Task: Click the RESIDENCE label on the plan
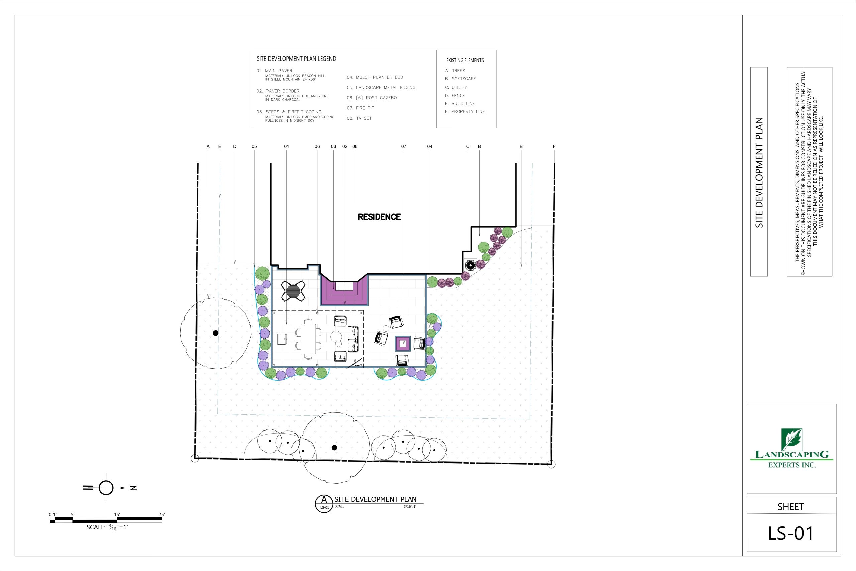[x=379, y=217]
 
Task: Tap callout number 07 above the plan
[x=404, y=147]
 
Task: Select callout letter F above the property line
[x=554, y=147]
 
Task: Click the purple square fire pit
[x=403, y=343]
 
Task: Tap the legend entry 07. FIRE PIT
[x=360, y=108]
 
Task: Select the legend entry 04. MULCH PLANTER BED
[x=375, y=77]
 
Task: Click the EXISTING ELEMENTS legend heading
[x=465, y=61]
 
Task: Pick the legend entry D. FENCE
[x=455, y=96]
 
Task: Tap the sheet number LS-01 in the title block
[x=791, y=533]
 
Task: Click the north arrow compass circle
[x=106, y=488]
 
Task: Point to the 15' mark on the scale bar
[x=117, y=514]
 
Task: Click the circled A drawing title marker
[x=324, y=504]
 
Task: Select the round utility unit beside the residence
[x=470, y=266]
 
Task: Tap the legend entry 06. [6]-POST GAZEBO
[x=371, y=98]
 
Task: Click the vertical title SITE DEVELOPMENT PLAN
[x=759, y=173]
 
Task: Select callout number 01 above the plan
[x=287, y=147]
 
